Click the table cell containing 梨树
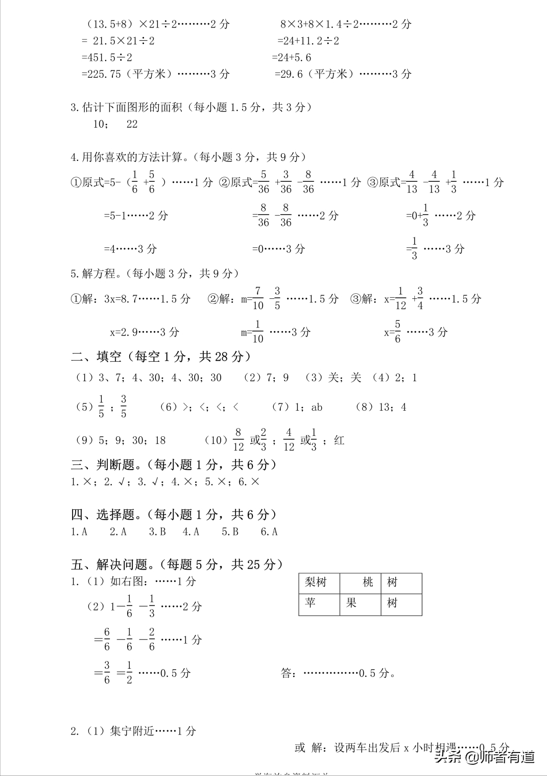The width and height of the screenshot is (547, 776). (319, 583)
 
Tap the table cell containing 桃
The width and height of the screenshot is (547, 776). (361, 583)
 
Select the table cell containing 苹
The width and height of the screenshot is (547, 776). (319, 604)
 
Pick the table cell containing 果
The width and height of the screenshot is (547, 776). (361, 604)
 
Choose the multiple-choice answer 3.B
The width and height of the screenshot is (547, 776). (157, 532)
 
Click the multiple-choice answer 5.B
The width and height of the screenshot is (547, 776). (230, 532)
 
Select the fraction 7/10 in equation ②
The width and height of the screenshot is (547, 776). (258, 298)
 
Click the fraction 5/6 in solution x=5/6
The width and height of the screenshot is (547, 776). (397, 332)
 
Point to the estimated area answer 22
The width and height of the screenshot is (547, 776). (132, 124)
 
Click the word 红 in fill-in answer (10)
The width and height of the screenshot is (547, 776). (339, 440)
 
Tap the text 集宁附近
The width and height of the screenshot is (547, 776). (132, 731)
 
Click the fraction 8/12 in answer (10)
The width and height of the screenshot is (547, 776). (238, 440)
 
